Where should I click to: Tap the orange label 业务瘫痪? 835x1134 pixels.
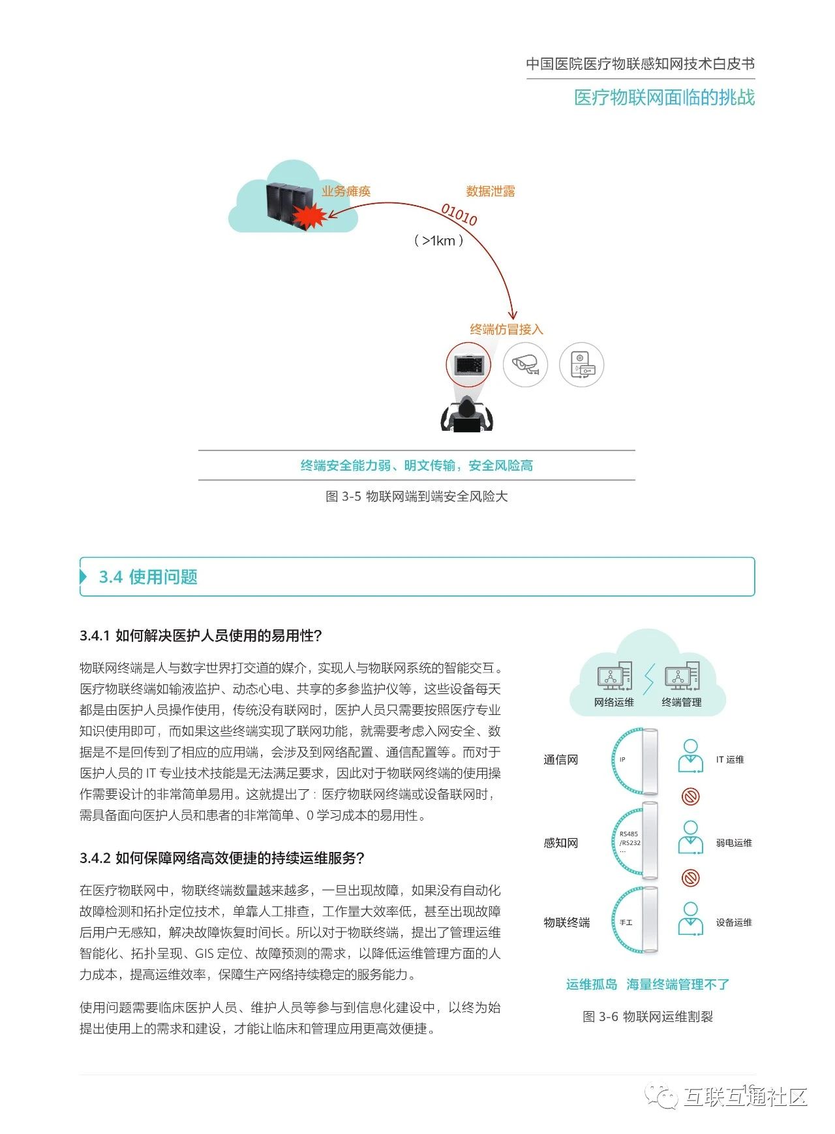(x=346, y=191)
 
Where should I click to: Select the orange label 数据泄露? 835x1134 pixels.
(x=491, y=191)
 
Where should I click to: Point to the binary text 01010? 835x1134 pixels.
(x=459, y=214)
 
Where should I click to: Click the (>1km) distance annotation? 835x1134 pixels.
(x=439, y=241)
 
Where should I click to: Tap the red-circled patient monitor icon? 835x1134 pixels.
(x=468, y=364)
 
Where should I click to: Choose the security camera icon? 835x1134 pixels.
(x=525, y=364)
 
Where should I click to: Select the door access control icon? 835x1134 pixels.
(x=582, y=364)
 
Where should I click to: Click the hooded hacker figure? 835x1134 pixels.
(x=467, y=415)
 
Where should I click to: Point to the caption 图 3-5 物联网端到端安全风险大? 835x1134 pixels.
(x=416, y=496)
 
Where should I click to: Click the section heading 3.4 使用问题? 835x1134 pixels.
(x=148, y=577)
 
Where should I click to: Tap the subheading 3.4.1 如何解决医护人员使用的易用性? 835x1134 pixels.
(x=201, y=636)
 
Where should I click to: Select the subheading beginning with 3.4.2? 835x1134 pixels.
(x=222, y=858)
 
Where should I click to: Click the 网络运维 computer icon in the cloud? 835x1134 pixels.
(x=615, y=676)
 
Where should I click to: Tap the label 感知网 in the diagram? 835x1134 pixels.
(x=561, y=843)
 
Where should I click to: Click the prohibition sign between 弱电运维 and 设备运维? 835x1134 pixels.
(x=690, y=877)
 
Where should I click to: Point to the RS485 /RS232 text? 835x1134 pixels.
(x=630, y=839)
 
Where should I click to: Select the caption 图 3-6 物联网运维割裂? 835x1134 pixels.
(x=648, y=1016)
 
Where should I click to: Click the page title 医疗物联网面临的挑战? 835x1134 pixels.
(x=664, y=98)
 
